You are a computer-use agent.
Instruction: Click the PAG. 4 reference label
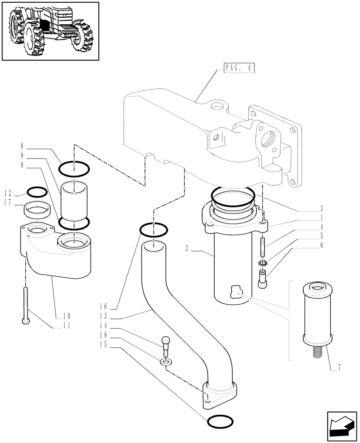click(x=238, y=68)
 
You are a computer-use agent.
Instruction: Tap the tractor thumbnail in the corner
click(x=50, y=31)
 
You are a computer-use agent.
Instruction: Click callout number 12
click(x=8, y=193)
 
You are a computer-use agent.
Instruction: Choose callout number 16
click(x=104, y=306)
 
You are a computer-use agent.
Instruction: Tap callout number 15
click(x=104, y=346)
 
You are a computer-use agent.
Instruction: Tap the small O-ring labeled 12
click(x=37, y=192)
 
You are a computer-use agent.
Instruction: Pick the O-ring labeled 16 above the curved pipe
click(x=153, y=229)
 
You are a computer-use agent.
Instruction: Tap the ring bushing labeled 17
click(x=36, y=208)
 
